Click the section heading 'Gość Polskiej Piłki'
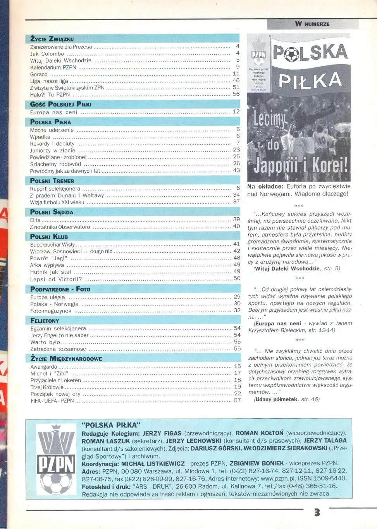point(61,104)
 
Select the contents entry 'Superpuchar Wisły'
point(52,244)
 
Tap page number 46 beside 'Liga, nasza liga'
point(236,81)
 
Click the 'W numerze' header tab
point(312,24)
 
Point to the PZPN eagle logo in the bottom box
point(55,458)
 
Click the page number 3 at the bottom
point(317,513)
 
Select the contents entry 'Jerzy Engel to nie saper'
point(59,335)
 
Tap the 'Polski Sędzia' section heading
point(52,212)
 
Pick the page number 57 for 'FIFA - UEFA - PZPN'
point(237,400)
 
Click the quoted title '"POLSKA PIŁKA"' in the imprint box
point(111,425)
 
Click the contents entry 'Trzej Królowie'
point(47,387)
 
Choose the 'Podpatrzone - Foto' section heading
point(60,289)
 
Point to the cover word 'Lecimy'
point(270,120)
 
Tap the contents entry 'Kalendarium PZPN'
point(53,67)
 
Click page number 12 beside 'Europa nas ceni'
point(236,112)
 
